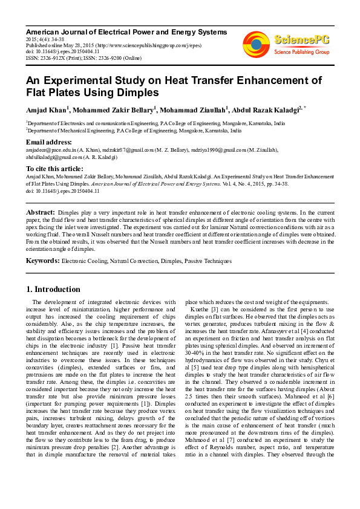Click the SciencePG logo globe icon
(x=257, y=44)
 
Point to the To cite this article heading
(x=54, y=168)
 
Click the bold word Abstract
(x=40, y=213)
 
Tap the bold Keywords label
(x=42, y=261)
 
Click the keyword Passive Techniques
(x=206, y=261)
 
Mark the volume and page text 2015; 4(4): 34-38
(x=45, y=39)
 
